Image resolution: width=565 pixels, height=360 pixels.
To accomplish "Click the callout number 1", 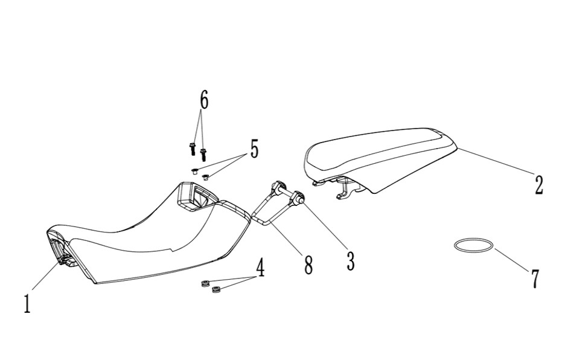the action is tap(27, 303).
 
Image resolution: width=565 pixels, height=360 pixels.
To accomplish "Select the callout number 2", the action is tap(538, 185).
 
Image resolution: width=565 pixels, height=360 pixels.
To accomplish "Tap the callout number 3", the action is tap(350, 261).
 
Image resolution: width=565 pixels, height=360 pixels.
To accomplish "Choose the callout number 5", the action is tap(254, 149).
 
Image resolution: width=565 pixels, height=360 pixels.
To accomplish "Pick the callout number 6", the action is tap(204, 100).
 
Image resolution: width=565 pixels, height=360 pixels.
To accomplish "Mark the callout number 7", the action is tap(535, 279).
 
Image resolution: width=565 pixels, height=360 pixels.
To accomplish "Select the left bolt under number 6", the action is tap(192, 149).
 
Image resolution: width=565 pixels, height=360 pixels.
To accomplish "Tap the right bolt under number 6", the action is tap(203, 155).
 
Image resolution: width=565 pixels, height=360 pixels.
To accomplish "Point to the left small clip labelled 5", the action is tap(194, 171).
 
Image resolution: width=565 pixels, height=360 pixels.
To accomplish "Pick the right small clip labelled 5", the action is tap(206, 177).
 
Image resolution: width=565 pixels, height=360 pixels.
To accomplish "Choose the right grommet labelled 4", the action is tap(216, 289).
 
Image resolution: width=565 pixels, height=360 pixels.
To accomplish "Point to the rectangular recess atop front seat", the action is tap(198, 196).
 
